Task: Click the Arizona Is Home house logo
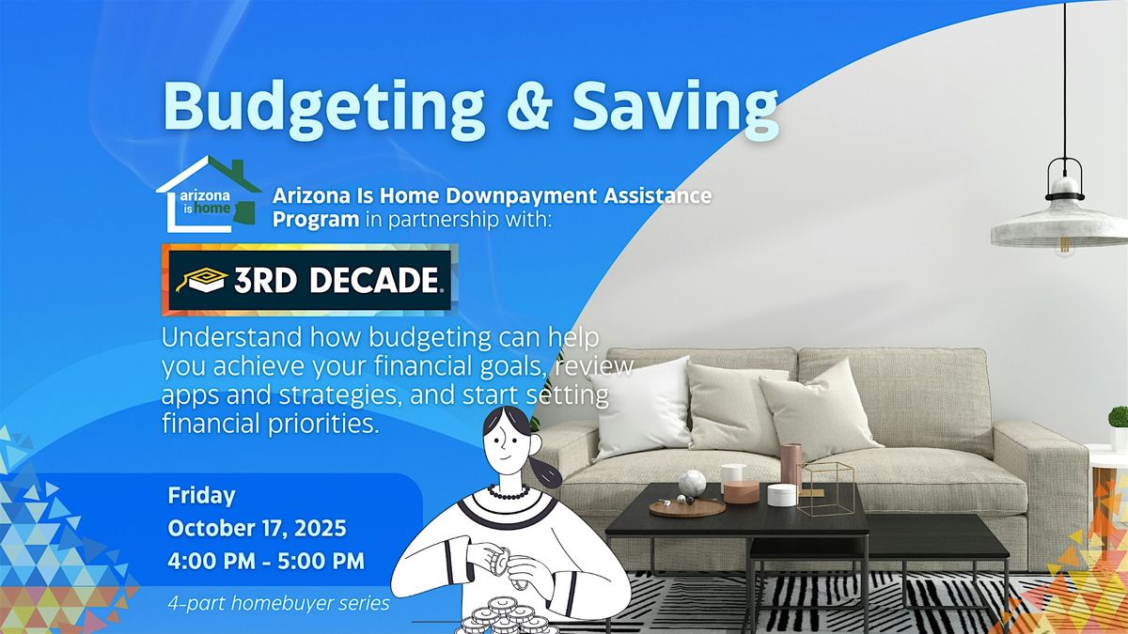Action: point(209,194)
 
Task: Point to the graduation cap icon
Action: point(200,280)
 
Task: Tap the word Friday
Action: point(201,496)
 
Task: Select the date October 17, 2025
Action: point(257,528)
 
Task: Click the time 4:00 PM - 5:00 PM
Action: point(266,561)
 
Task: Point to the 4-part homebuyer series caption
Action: point(279,603)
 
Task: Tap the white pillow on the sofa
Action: point(639,409)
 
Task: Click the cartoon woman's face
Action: point(507,443)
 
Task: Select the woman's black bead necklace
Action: point(509,492)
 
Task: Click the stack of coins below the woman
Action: point(505,617)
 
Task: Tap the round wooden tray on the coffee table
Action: point(687,508)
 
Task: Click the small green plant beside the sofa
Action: point(1119,418)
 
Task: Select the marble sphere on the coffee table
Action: point(693,483)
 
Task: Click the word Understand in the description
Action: point(231,337)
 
